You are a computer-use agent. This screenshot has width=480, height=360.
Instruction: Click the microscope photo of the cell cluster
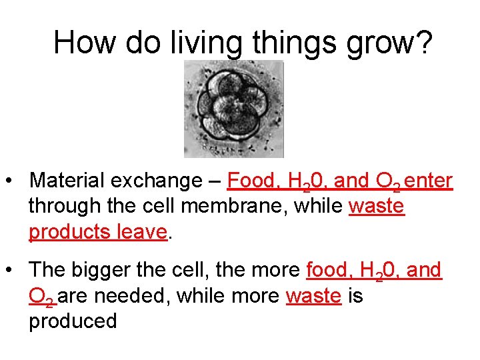[233, 109]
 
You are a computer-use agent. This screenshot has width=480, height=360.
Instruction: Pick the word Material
[66, 181]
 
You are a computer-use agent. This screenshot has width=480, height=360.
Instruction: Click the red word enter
[429, 181]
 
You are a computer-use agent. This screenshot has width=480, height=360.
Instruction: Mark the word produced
[73, 321]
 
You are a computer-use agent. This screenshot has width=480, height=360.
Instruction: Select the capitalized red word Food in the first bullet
[251, 181]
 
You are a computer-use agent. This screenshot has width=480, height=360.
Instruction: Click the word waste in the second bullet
[313, 295]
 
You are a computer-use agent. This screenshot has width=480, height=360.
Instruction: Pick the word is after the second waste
[355, 295]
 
